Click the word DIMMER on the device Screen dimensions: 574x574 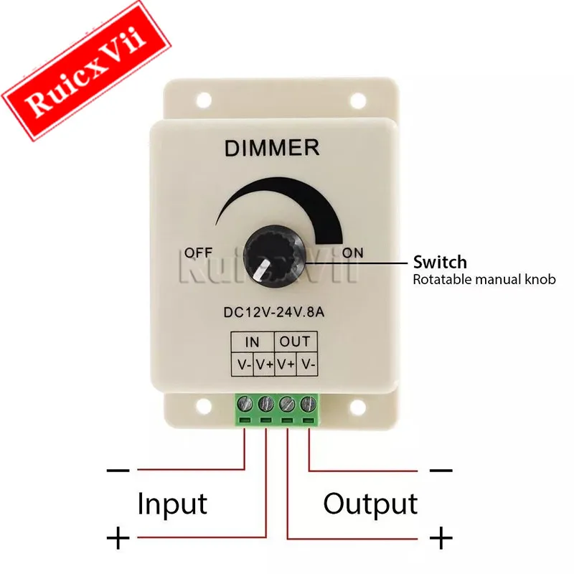272,148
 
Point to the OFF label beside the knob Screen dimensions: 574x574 198,253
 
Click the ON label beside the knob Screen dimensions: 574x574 352,253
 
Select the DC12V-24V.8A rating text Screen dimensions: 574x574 274,312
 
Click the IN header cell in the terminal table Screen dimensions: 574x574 253,342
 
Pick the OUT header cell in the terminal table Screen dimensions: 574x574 295,342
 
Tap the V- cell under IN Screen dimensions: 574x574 242,364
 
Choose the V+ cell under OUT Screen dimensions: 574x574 286,364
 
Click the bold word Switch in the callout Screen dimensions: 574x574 440,262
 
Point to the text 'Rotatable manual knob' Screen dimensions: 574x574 484,280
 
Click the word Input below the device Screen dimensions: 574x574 172,504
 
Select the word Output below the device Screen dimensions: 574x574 370,504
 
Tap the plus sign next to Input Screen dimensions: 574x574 118,538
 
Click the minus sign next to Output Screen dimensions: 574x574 441,470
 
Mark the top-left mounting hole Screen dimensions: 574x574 204,100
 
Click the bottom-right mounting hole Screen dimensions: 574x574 358,405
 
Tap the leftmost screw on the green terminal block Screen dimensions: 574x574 245,404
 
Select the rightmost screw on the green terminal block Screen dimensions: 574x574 308,404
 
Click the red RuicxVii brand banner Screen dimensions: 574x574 85,70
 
